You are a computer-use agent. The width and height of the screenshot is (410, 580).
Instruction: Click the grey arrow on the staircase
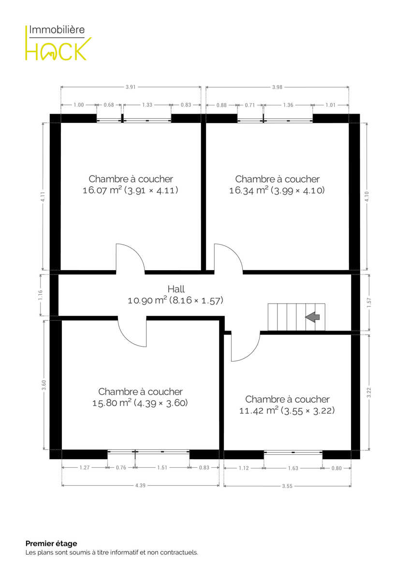point(312,317)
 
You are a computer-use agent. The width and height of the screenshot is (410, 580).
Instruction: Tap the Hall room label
point(176,289)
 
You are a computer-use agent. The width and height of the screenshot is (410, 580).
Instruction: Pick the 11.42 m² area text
point(259,411)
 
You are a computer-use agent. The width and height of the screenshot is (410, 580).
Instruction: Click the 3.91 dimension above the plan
point(131,87)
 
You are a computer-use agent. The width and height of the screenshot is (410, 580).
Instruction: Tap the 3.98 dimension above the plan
point(277,87)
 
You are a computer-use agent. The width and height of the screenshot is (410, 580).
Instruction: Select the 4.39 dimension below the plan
point(140,485)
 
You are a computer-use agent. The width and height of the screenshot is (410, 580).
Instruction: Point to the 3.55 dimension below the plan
point(287,486)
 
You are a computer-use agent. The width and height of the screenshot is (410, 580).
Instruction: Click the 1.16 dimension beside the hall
point(40,295)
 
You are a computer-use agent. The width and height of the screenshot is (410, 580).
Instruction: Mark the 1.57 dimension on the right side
point(369,303)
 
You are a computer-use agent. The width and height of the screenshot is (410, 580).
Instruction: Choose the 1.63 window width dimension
point(293,468)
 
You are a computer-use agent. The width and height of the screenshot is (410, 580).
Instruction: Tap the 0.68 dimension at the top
point(109,105)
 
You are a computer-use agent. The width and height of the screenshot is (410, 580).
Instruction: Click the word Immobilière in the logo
point(57,29)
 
